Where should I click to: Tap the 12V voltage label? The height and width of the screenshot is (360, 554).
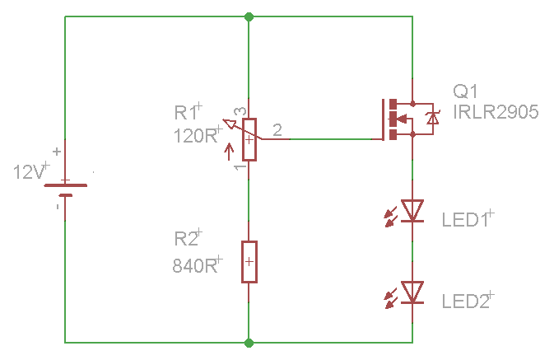(x=30, y=172)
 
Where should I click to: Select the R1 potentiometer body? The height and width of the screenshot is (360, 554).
(x=249, y=139)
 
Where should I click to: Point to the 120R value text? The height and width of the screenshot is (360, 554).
(x=194, y=136)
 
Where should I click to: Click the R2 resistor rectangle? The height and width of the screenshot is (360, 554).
(x=249, y=262)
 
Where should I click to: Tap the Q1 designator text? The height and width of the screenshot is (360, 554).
(x=464, y=91)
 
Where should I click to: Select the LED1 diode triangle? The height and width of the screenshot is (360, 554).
(x=412, y=211)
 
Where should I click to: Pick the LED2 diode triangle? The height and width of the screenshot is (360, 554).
(x=412, y=292)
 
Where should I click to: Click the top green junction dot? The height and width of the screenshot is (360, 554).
(x=249, y=16)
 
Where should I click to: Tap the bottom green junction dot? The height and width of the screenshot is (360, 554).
(x=249, y=342)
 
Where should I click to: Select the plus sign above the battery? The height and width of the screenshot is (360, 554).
(x=56, y=151)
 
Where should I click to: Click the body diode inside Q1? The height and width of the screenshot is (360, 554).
(x=431, y=119)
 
